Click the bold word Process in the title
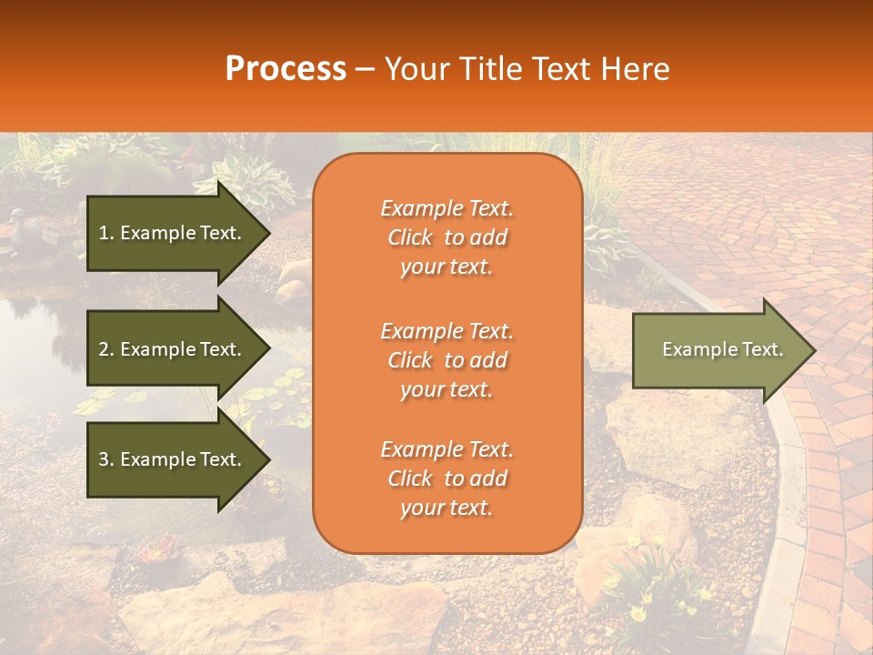286,69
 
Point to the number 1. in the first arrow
105,233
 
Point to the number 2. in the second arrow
105,349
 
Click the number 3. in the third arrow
105,459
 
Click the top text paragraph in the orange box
447,237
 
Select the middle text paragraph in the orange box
447,360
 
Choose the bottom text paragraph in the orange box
447,479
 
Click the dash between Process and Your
366,70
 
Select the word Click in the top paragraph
410,237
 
